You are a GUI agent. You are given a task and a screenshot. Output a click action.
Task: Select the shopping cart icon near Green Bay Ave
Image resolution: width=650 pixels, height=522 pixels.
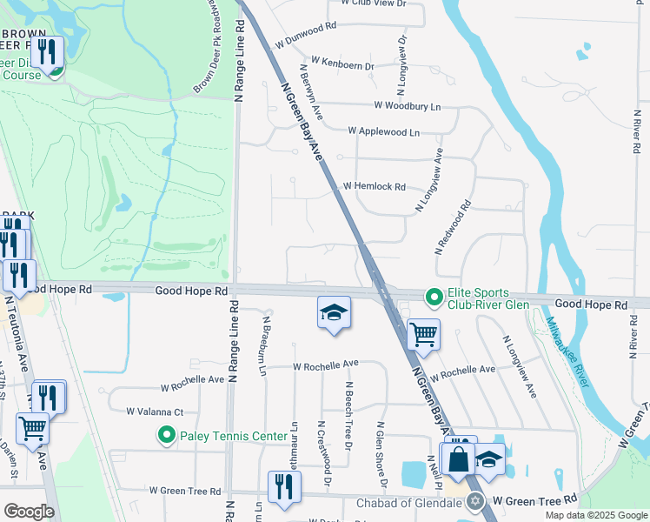423,333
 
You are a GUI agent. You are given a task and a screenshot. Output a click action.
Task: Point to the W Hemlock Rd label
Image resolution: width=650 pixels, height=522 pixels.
375,186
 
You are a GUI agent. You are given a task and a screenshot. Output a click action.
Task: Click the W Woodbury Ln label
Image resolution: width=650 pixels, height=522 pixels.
408,105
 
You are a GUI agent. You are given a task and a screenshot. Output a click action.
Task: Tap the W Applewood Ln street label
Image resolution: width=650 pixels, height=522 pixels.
383,131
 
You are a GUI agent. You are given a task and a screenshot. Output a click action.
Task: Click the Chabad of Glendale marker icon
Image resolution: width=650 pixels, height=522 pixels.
474,501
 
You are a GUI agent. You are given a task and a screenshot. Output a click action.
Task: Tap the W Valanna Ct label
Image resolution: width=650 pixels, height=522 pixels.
155,411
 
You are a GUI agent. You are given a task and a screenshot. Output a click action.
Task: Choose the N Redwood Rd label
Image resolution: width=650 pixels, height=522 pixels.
454,227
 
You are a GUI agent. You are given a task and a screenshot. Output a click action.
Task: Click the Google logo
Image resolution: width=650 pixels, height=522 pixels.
29,512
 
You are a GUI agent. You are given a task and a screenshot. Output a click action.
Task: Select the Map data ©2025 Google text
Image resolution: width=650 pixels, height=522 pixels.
596,515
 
